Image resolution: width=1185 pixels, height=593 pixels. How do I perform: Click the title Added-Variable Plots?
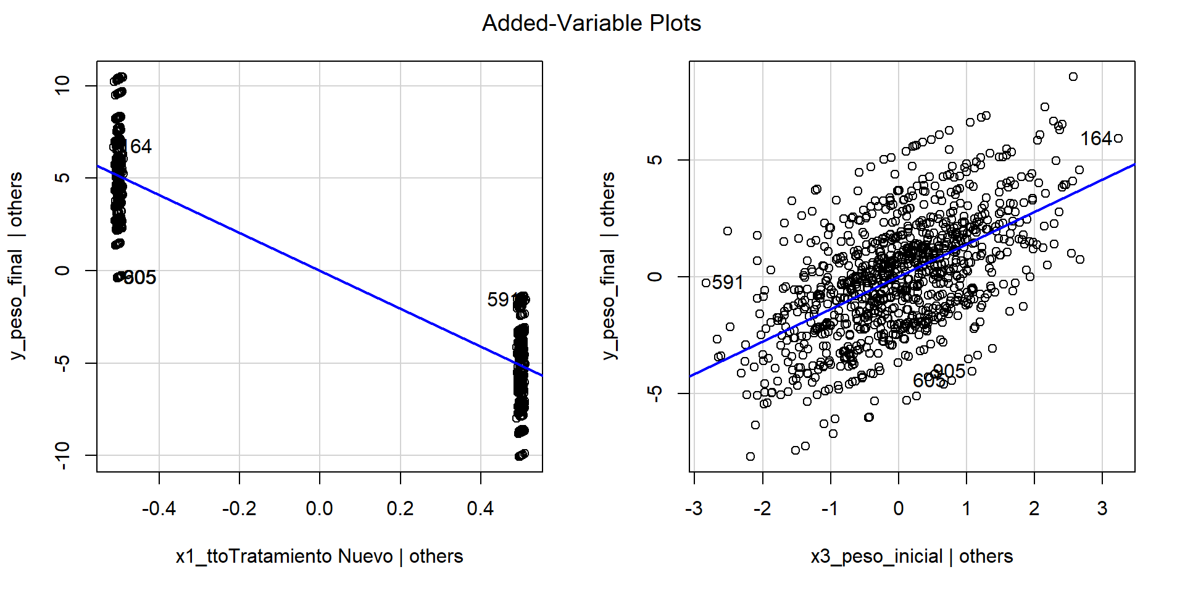coord(591,23)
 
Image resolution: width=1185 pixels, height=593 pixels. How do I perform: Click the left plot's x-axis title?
coord(319,556)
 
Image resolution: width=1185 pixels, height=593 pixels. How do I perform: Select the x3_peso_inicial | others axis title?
coord(912,556)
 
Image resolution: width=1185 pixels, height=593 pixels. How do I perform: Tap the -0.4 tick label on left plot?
coord(159,508)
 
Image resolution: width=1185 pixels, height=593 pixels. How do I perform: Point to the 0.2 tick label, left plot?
coord(400,508)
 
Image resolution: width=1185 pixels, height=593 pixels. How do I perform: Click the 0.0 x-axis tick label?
coord(319,508)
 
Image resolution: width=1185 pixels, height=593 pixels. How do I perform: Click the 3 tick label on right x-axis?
coord(1102,508)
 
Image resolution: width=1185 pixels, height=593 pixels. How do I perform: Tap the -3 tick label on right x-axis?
coord(694,508)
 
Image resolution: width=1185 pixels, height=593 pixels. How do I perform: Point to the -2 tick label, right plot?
coord(762,508)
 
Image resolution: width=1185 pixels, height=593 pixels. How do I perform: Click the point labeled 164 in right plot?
coord(1118,138)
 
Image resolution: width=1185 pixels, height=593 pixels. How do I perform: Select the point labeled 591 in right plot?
coord(706,283)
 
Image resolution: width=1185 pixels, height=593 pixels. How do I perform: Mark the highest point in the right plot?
coord(1073,77)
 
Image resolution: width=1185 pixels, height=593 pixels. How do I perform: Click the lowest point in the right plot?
coord(750,456)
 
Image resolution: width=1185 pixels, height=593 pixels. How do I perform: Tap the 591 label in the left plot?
coord(501,300)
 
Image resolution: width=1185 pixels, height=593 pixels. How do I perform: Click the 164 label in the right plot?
coord(1096,139)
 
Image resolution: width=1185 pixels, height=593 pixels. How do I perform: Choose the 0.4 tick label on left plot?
coord(480,508)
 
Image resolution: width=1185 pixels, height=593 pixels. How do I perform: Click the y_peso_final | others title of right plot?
coord(609,266)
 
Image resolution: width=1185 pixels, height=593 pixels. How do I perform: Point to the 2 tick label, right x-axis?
coord(1034,508)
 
